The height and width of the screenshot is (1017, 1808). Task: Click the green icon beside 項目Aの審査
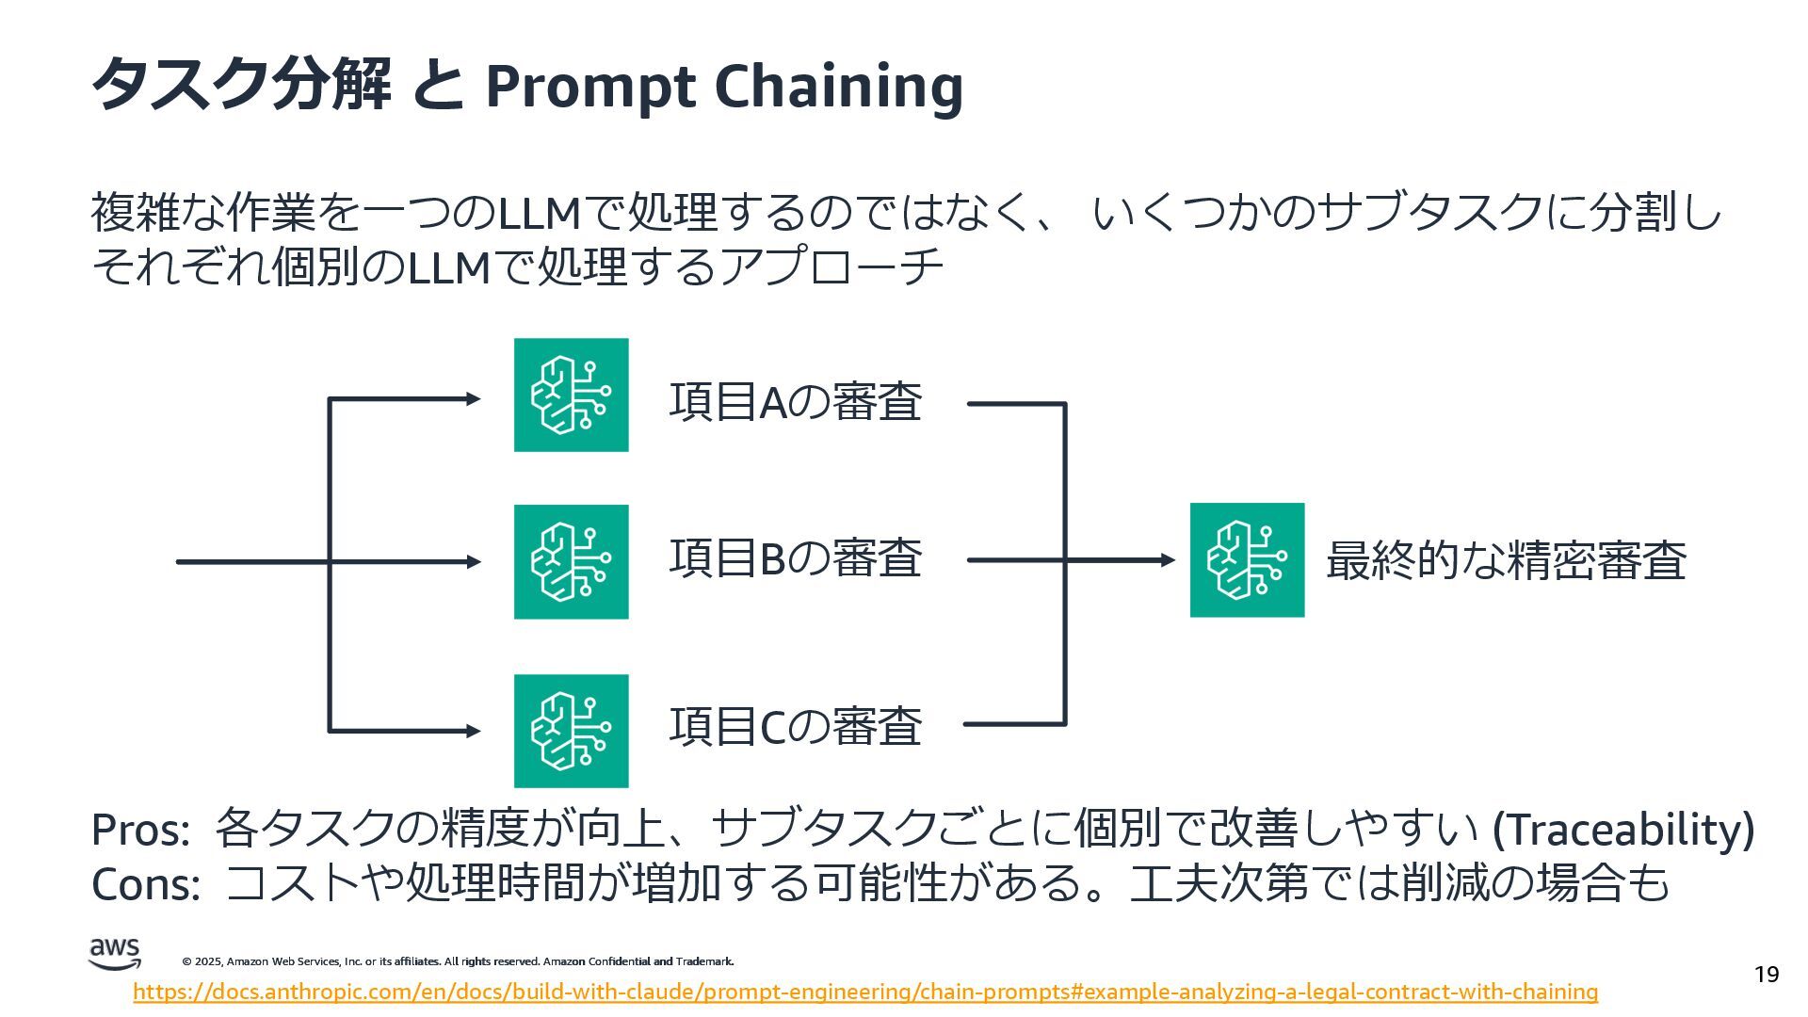coord(571,395)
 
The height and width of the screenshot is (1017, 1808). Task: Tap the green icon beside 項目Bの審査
coord(571,561)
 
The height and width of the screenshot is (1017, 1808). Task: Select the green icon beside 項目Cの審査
coord(571,730)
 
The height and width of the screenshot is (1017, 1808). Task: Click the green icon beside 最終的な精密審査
coord(1247,560)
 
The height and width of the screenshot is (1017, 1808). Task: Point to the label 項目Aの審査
coord(795,401)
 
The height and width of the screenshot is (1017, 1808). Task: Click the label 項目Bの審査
coord(795,557)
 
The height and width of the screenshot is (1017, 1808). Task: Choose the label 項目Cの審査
coord(795,726)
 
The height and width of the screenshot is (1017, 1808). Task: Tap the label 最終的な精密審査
coord(1505,560)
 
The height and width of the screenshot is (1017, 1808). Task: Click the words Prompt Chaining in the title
coord(723,87)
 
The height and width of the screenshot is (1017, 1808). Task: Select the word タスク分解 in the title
coord(241,85)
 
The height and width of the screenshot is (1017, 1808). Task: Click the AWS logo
coord(115,953)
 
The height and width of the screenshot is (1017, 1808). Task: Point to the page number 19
coord(1767,974)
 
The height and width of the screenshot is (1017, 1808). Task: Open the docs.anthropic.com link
coord(864,992)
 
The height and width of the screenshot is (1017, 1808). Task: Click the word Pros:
coord(141,831)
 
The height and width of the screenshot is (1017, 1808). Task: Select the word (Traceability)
coord(1623,830)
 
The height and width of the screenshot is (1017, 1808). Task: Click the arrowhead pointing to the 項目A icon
coord(473,399)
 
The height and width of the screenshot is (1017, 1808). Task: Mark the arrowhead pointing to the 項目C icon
coord(473,731)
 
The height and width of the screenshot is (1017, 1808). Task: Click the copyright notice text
coord(458,961)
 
